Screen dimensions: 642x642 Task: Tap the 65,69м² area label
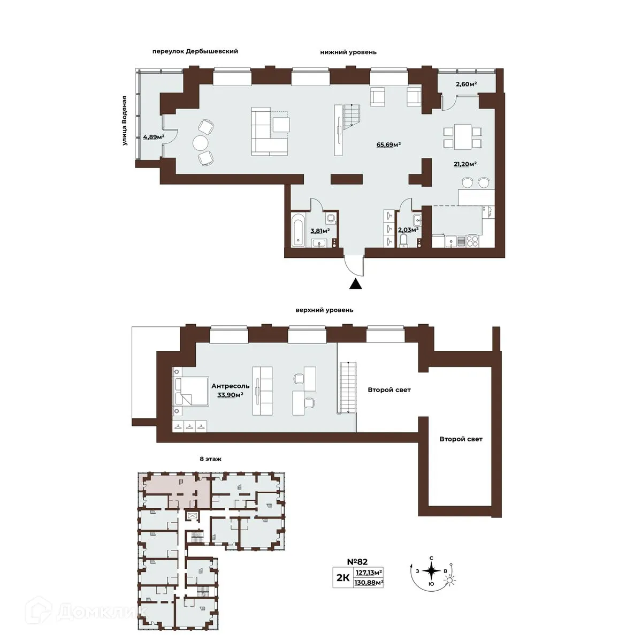click(x=388, y=144)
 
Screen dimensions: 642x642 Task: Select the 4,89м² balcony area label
click(x=154, y=136)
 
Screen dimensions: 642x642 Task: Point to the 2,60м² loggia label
click(x=466, y=85)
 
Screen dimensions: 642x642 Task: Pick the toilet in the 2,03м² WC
click(x=404, y=240)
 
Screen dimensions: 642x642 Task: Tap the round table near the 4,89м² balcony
click(x=201, y=143)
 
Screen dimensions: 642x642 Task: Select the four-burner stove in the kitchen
click(x=472, y=241)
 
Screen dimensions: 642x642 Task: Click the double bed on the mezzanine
click(x=190, y=391)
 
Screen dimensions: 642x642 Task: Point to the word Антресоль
click(x=231, y=386)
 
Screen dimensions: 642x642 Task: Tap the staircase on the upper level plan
click(x=348, y=388)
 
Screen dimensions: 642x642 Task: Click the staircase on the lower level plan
click(x=351, y=115)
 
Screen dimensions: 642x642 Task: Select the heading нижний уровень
click(x=348, y=52)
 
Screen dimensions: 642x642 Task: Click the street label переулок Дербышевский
click(x=195, y=51)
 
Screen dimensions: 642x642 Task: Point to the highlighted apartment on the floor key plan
click(x=176, y=490)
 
